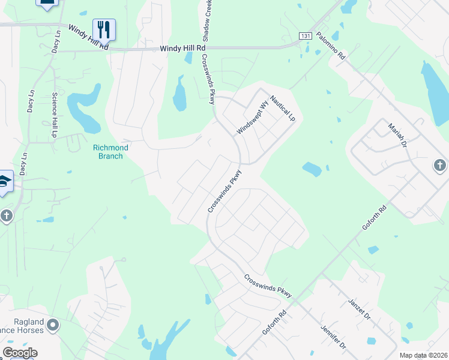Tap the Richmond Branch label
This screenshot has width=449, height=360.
[x=111, y=152]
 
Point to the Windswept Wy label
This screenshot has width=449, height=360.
[x=250, y=119]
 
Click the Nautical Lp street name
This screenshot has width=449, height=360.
[x=283, y=109]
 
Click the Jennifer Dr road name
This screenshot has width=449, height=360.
[x=334, y=337]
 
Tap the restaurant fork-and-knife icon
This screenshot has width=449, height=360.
[x=104, y=28]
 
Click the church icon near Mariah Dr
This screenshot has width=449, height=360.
[x=439, y=165]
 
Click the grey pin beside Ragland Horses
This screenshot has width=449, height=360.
[x=53, y=326]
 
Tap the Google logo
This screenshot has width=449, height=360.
[x=19, y=353]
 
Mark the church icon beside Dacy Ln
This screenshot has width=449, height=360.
[x=7, y=215]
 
